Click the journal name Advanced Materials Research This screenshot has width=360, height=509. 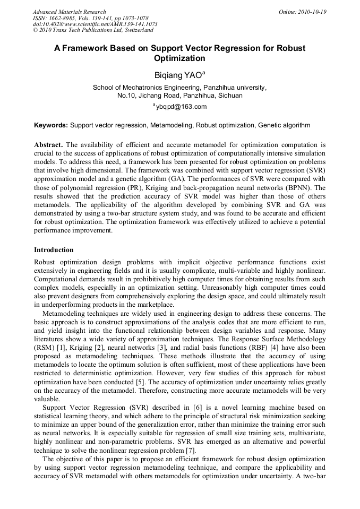coord(69,12)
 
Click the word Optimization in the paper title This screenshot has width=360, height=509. coord(179,58)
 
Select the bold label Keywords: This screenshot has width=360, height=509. coord(51,126)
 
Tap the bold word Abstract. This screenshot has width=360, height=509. coord(48,144)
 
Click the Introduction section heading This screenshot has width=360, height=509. coord(54,249)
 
